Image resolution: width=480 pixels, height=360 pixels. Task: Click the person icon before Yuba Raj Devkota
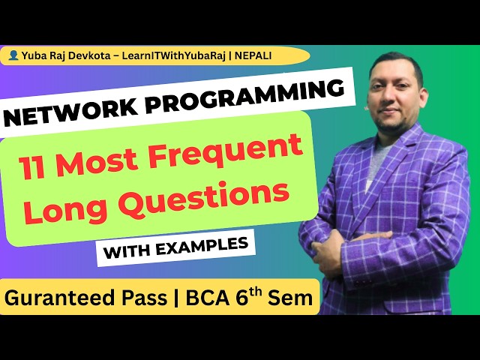pyautogui.click(x=13, y=55)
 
